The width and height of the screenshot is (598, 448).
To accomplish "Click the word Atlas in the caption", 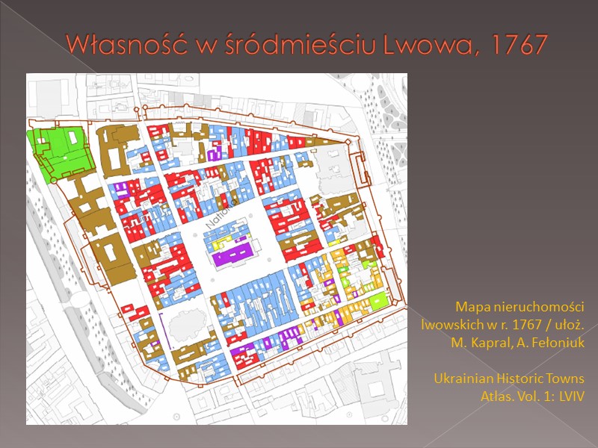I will pos(496,396).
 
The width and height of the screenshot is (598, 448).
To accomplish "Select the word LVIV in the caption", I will pos(569,396).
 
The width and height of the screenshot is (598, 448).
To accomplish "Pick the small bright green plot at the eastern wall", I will pos(380,302).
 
